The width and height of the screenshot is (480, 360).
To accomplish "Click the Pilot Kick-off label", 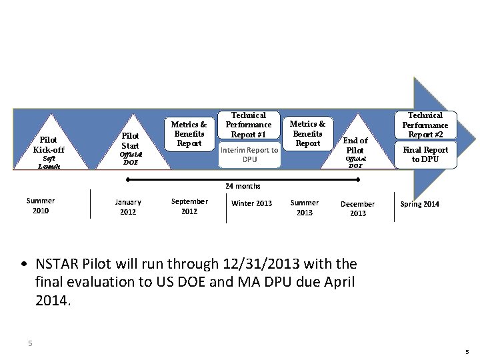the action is pos(49,145).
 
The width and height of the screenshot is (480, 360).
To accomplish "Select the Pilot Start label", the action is pos(130,141).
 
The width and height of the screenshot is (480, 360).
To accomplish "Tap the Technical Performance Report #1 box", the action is pos(249,125).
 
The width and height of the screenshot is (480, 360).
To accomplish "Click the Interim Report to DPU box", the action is pos(249,155).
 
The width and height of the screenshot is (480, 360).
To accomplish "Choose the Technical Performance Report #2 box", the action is pos(425,125).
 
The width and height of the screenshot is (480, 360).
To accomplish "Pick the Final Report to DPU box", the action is pos(425,155).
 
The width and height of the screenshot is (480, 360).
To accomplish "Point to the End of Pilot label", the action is pos(355,145).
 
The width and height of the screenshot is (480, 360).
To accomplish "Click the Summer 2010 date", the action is pos(41,205).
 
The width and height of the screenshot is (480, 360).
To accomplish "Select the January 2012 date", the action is pos(128,207).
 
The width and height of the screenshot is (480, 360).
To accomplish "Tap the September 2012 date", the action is pos(189,206).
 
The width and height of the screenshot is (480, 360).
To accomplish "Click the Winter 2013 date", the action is pos(251,203).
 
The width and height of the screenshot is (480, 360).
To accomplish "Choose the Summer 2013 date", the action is pos(305,207).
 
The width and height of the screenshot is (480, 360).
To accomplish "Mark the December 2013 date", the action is pos(358,209).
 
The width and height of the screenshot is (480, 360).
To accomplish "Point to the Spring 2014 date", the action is pos(420,204).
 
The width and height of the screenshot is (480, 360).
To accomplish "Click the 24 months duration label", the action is pos(243,187).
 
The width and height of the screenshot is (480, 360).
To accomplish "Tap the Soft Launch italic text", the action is pos(49,163).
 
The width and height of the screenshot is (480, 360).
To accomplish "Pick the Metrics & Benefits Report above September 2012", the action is pos(189,133).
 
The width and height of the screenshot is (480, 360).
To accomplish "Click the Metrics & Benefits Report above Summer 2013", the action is pos(308,133).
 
